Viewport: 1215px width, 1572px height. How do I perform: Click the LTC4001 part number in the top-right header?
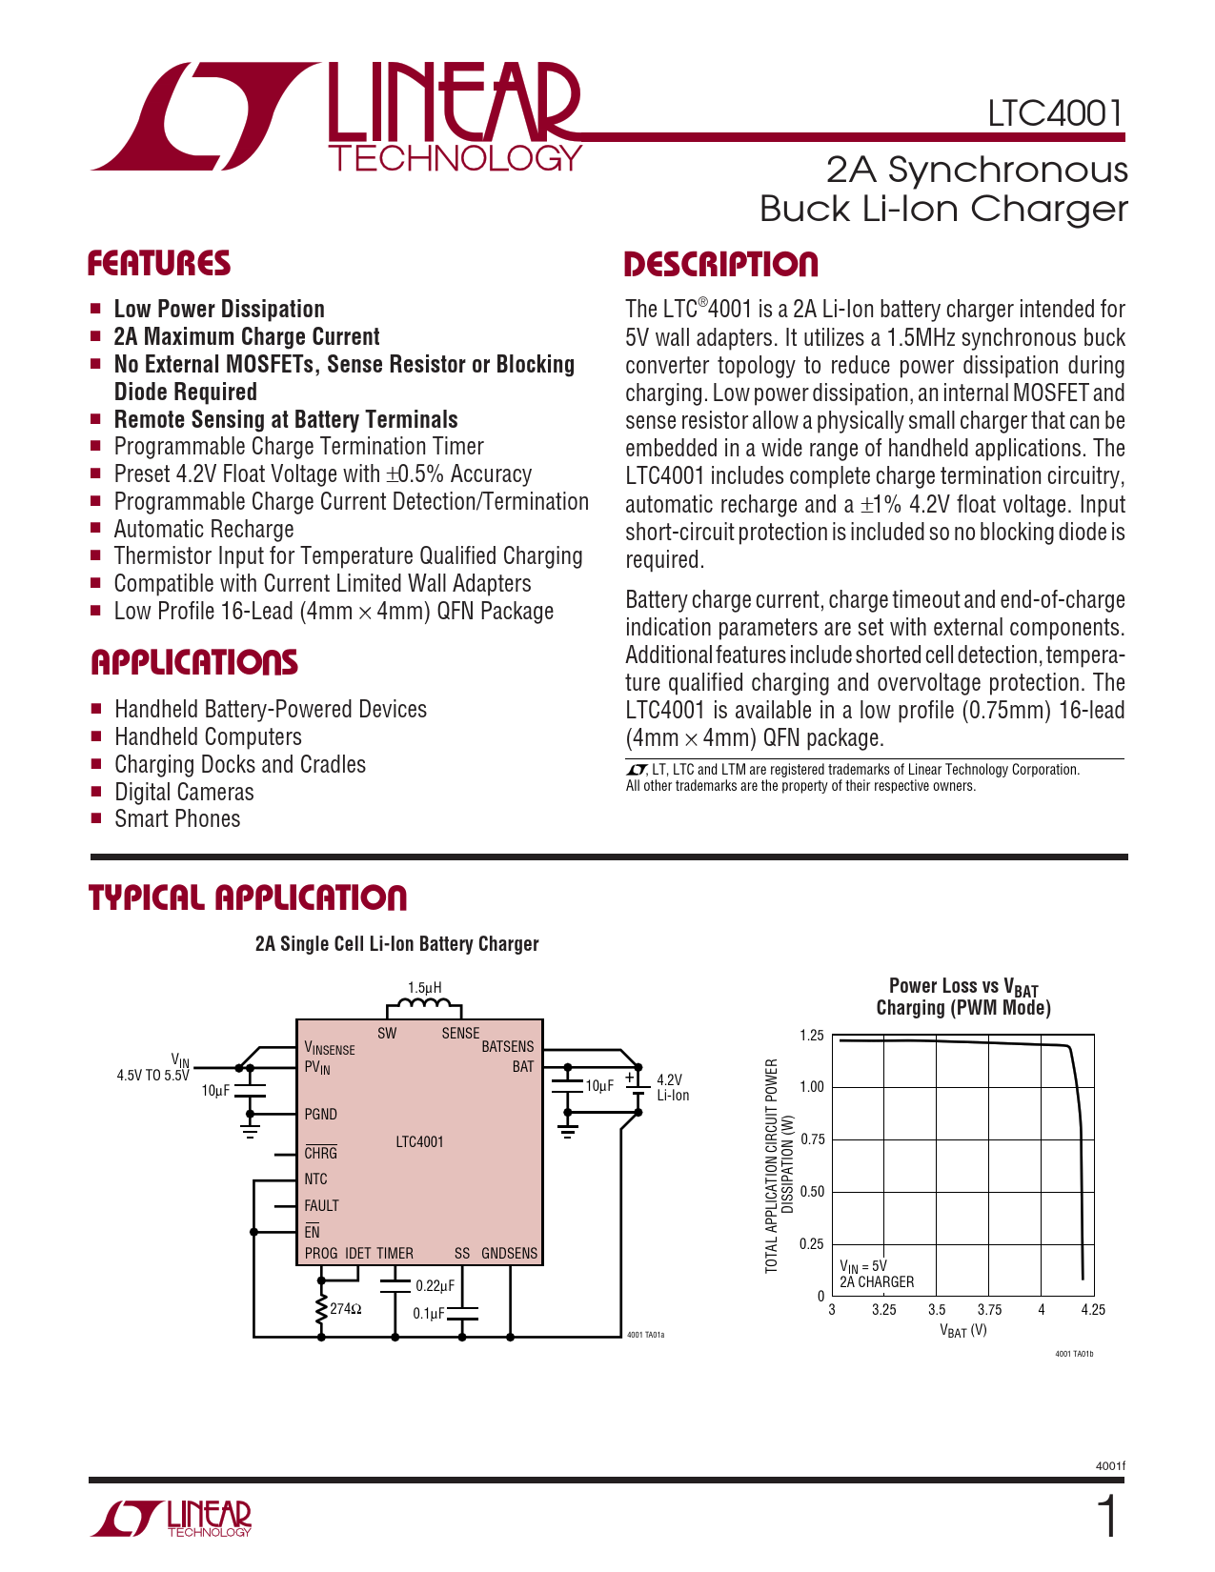(x=1055, y=113)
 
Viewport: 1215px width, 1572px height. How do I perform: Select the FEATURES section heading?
(x=159, y=264)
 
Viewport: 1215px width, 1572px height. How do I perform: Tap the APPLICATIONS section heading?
(x=194, y=663)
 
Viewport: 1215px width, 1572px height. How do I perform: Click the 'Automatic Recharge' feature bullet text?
(x=204, y=530)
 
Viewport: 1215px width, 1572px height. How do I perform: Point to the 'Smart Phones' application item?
(x=177, y=819)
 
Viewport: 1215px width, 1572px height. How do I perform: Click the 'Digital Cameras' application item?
(x=184, y=792)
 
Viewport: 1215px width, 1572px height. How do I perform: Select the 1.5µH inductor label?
(x=424, y=988)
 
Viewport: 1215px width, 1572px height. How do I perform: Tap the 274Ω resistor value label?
(x=345, y=1309)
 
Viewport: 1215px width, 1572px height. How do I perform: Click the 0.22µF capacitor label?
(x=435, y=1286)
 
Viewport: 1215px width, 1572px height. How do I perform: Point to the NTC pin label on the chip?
(x=315, y=1179)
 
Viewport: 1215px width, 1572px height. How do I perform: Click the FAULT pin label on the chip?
(x=321, y=1206)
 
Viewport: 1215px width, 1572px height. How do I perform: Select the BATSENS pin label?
(x=507, y=1046)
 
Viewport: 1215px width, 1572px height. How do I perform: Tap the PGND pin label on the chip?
(x=320, y=1114)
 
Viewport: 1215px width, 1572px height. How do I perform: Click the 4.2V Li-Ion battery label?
(x=672, y=1087)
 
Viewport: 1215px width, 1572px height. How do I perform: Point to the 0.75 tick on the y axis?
(x=812, y=1139)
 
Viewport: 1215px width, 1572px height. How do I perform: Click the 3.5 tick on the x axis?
(x=937, y=1310)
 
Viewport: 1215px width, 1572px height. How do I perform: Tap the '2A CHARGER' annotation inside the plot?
(x=877, y=1282)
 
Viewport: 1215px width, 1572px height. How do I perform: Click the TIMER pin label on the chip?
(x=395, y=1254)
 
